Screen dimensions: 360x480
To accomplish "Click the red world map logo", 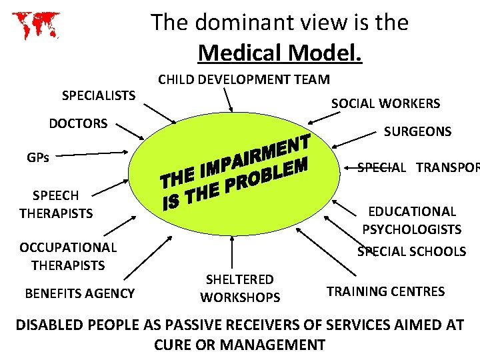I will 35,25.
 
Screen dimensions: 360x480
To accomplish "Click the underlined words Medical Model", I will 280,51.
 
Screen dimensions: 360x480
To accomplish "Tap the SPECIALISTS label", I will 99,95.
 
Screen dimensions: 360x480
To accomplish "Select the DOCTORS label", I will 78,123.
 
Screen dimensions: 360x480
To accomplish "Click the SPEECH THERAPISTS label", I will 56,204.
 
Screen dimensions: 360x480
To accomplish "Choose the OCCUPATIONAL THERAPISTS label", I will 68,256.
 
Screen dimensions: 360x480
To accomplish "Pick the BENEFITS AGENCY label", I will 79,293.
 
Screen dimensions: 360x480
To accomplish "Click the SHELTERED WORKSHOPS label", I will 240,288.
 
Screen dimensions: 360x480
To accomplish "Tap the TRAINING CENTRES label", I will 385,291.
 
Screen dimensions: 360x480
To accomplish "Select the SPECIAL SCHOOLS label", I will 411,251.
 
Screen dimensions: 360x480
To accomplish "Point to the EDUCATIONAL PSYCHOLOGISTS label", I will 411,220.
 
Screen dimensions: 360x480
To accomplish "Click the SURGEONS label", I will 417,131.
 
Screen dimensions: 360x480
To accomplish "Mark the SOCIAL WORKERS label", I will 385,103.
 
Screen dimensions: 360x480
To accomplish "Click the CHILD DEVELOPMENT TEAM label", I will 243,79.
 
